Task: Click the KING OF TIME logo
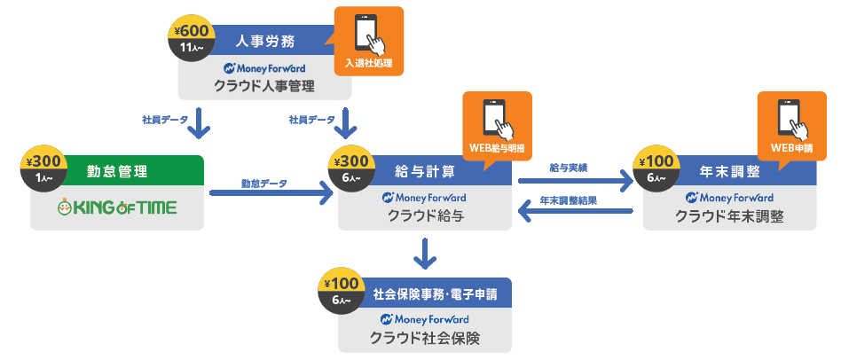tap(116, 208)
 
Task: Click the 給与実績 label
tap(568, 167)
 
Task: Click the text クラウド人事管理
tap(264, 86)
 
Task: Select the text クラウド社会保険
tap(425, 338)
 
